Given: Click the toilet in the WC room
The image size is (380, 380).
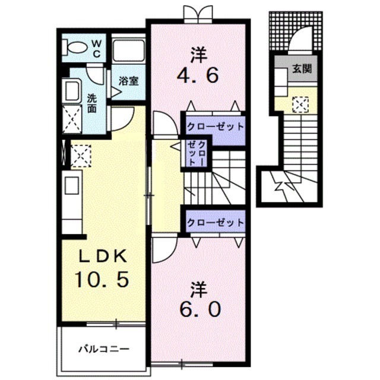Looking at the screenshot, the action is [75, 46].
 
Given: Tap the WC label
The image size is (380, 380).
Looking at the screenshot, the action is [96, 49].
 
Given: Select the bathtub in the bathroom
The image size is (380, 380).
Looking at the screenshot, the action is [129, 50].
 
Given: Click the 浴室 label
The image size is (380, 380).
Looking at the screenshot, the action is [128, 81].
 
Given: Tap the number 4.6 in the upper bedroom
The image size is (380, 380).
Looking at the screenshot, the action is [198, 75].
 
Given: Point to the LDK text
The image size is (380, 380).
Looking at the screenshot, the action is [103, 256].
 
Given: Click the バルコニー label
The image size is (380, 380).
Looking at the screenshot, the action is [104, 349].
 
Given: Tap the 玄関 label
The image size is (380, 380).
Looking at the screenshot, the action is [302, 69].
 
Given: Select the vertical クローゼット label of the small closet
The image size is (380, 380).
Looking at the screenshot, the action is [197, 153].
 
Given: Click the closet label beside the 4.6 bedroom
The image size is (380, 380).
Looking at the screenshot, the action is [215, 126].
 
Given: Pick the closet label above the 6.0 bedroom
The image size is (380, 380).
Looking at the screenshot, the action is [215, 222].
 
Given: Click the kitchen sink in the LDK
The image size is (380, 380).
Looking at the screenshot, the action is [71, 185].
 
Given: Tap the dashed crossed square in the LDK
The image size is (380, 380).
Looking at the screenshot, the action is [81, 156].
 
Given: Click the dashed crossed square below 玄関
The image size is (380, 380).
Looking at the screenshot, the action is [300, 104].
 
